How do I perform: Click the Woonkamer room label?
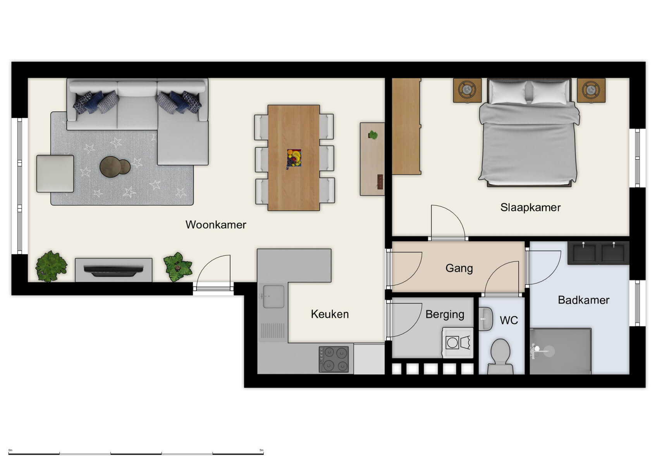click(216, 225)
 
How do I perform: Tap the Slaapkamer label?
click(530, 208)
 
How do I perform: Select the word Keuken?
click(330, 314)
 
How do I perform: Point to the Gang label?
click(459, 268)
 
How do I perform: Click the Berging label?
click(445, 314)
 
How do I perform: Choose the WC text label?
click(509, 320)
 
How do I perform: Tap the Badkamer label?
click(583, 300)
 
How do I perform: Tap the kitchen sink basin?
click(273, 296)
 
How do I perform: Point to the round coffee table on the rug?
click(115, 167)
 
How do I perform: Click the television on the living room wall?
click(114, 270)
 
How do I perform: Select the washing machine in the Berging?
click(458, 343)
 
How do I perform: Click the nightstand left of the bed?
click(468, 90)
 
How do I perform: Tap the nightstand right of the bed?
click(591, 90)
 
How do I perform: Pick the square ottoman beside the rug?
click(55, 174)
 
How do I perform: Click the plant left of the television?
click(51, 266)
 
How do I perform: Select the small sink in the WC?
click(485, 319)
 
